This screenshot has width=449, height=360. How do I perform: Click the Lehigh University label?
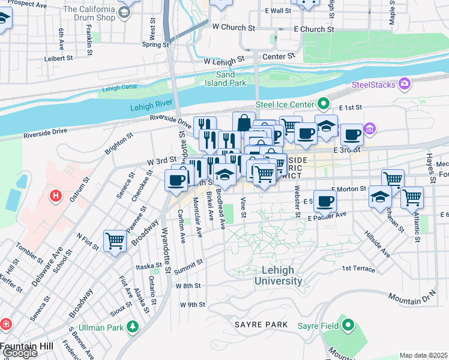pos(278,275)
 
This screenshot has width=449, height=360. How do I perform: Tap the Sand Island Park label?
pos(231,79)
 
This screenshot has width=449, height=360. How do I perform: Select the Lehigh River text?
pos(151,107)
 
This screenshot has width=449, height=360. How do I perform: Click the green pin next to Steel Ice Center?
pos(325,104)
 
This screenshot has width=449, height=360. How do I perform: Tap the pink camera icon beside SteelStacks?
pos(406,83)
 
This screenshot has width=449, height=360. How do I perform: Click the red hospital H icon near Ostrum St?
pos(56,196)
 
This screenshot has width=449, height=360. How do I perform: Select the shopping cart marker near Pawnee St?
pos(115,241)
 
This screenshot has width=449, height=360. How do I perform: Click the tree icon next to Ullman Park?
pos(131,327)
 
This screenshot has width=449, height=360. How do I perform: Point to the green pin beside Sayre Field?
pos(348,326)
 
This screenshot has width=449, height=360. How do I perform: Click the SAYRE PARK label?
pos(261,324)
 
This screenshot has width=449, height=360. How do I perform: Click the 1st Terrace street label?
pos(358,269)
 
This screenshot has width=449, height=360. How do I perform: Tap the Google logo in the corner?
pos(19,353)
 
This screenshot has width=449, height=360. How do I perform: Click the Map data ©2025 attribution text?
pos(424,355)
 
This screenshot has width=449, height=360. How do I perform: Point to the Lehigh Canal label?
pos(116,88)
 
